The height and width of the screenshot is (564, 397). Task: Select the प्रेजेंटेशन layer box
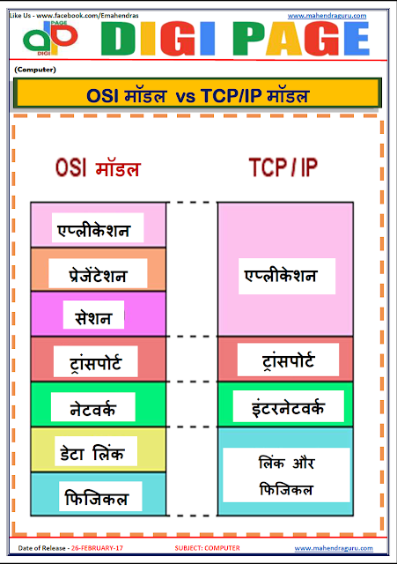(99, 275)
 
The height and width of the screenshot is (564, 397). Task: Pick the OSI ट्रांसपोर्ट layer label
(94, 360)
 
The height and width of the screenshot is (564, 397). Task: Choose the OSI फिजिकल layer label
(97, 498)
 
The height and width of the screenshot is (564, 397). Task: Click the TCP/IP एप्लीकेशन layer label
(280, 276)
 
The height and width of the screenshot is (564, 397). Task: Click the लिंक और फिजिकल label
(285, 475)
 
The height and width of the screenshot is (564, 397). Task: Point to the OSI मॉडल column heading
(98, 168)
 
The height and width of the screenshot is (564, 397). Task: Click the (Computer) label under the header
(35, 68)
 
